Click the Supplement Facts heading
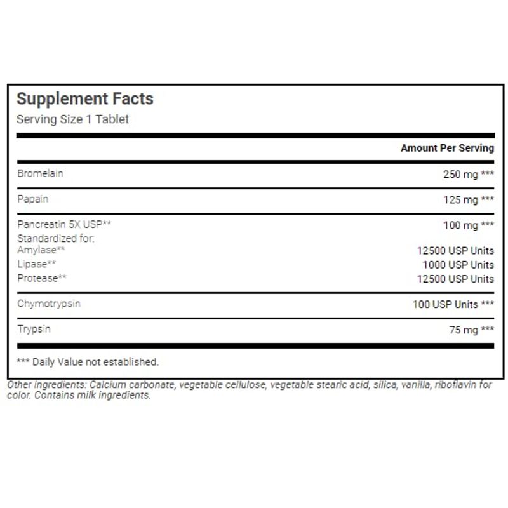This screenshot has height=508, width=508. [x=84, y=99]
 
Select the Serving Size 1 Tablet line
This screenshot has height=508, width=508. [x=72, y=119]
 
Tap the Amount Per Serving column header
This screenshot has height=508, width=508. [x=446, y=148]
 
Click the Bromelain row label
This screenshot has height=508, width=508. [x=40, y=173]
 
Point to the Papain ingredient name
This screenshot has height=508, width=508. [x=32, y=199]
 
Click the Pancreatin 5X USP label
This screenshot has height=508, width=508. [x=64, y=225]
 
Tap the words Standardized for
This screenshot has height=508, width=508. [x=55, y=239]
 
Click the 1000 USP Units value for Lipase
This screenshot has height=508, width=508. [x=458, y=265]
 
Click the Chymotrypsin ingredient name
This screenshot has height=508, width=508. [x=49, y=304]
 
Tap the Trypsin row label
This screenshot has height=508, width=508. [x=34, y=329]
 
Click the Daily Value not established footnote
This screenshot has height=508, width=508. [x=87, y=362]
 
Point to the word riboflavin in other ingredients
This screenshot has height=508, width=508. [x=457, y=385]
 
